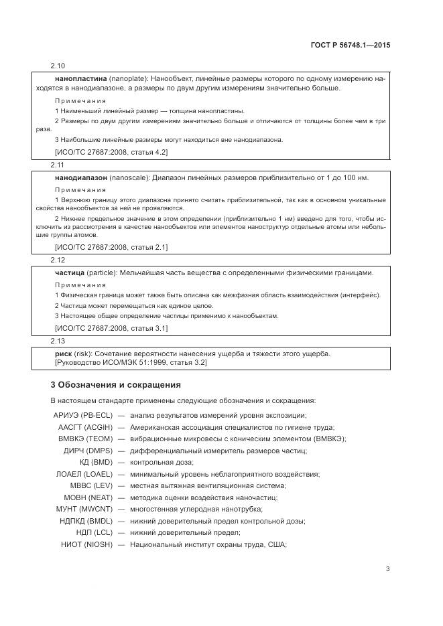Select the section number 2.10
(x=58, y=66)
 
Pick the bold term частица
(x=69, y=272)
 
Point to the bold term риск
(x=64, y=354)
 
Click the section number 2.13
(x=58, y=341)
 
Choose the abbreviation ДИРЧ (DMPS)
(x=89, y=451)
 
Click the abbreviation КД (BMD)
(x=97, y=462)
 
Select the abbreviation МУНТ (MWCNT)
(x=86, y=509)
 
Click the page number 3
(x=387, y=569)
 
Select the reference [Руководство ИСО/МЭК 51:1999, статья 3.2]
(x=131, y=362)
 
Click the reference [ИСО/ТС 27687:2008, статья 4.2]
(x=111, y=152)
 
